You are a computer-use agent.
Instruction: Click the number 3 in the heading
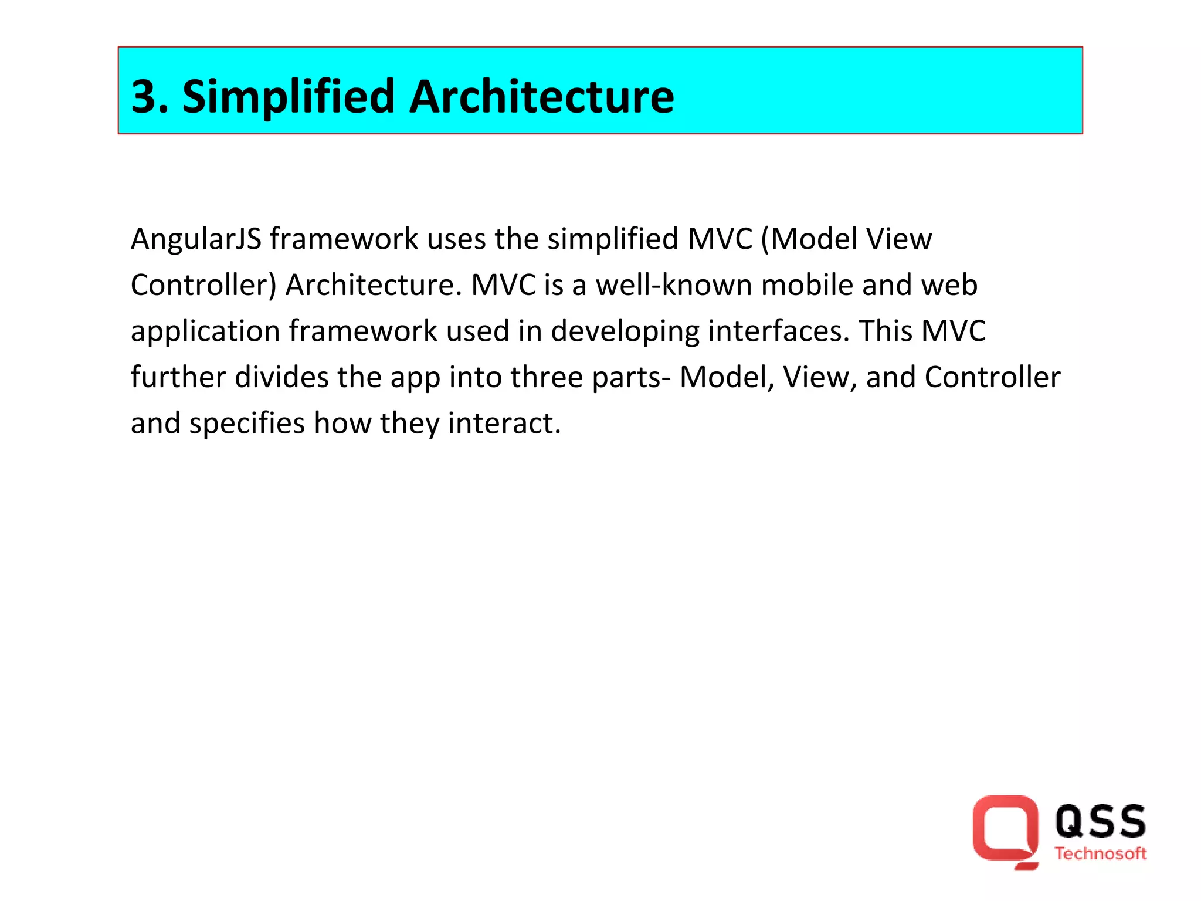[145, 97]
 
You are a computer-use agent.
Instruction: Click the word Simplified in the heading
[289, 97]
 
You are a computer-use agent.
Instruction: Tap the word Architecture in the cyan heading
[541, 97]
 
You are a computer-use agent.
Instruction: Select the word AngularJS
[196, 240]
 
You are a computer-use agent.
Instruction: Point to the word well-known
[674, 285]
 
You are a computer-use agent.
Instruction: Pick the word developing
[625, 332]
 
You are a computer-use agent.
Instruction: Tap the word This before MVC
[886, 331]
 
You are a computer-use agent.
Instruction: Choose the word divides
[281, 377]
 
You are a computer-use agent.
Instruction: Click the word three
[547, 377]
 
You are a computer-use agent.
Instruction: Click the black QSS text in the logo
[1100, 822]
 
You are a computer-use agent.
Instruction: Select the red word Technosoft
[1100, 854]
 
